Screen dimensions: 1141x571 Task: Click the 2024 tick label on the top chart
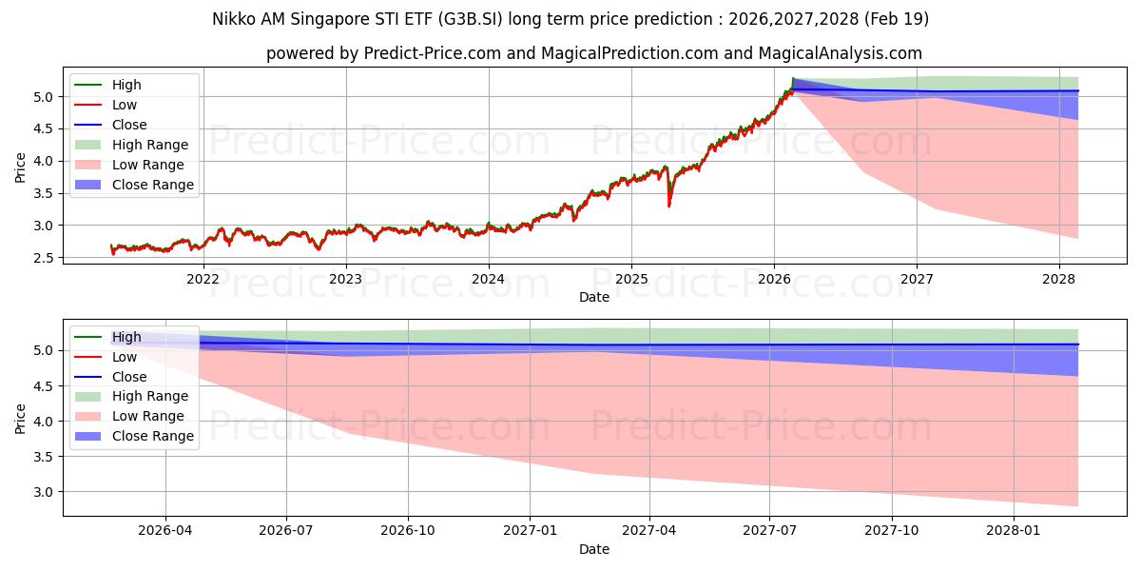[488, 279]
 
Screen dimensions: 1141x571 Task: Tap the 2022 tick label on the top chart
[203, 279]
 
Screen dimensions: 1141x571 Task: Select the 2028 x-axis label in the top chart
[1059, 279]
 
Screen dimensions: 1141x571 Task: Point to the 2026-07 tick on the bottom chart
[286, 530]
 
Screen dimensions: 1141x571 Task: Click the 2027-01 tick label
[530, 530]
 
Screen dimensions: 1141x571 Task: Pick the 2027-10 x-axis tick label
[892, 530]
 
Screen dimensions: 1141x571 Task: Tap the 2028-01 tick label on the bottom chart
[1014, 530]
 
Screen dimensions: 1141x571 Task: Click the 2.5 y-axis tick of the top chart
[44, 258]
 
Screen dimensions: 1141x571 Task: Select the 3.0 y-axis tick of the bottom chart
[44, 492]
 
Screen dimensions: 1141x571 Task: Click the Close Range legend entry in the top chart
[134, 185]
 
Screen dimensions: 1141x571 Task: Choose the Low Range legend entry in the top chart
[129, 165]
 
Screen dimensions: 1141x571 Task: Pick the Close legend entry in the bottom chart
[110, 377]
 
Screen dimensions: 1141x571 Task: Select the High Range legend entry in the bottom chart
[131, 396]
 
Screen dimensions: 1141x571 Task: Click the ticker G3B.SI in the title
[470, 19]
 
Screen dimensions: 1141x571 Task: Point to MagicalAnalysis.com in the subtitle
[841, 53]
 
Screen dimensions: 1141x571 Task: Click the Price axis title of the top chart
[20, 167]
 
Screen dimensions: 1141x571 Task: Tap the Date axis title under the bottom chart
[594, 549]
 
